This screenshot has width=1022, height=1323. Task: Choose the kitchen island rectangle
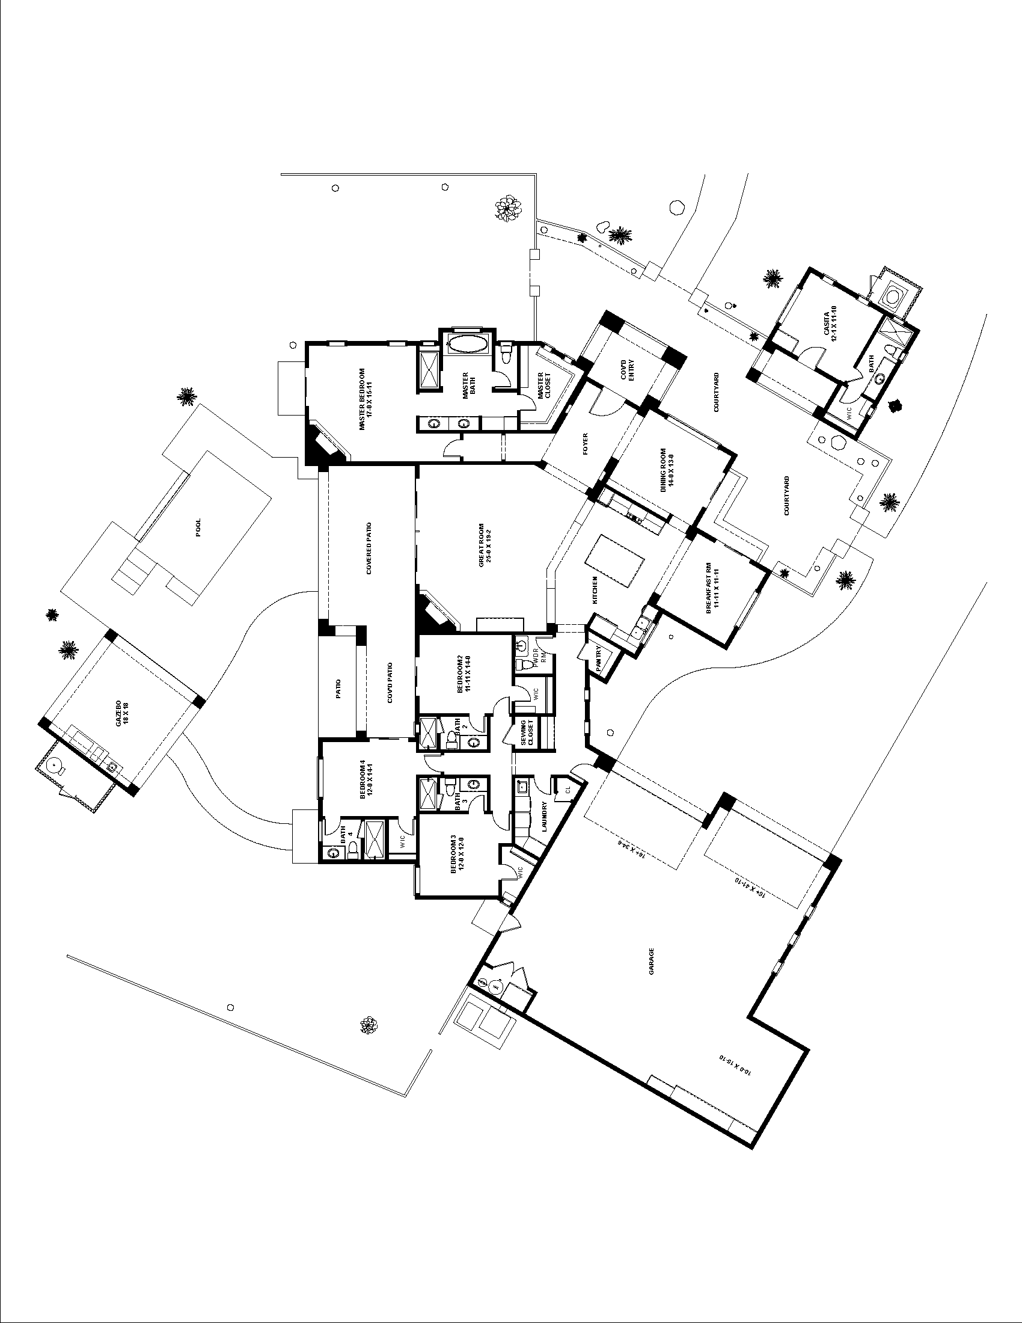617,560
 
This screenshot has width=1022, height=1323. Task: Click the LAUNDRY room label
545,817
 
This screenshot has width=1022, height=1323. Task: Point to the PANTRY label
598,658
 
